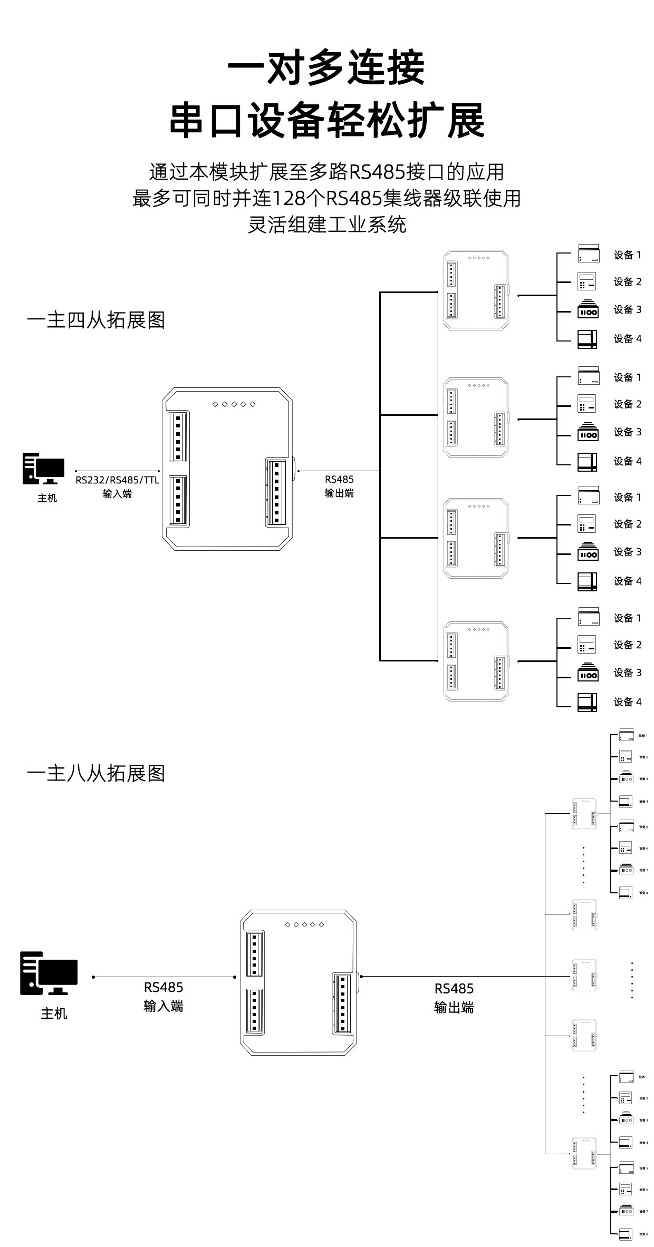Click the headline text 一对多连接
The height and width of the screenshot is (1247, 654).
pos(326,69)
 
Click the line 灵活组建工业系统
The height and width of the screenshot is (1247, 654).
pos(327,225)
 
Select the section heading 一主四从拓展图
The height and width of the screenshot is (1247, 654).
pos(96,320)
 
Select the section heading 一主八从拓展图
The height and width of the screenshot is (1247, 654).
pos(96,773)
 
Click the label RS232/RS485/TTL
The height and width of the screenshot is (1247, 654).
pos(117,480)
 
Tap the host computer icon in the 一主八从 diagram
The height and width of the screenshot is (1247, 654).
pos(49,973)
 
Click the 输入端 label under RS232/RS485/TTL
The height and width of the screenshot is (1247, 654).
pos(117,494)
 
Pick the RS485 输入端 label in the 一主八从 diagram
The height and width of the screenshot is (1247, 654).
pos(163,996)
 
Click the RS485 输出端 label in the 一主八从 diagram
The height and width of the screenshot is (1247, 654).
pos(454,998)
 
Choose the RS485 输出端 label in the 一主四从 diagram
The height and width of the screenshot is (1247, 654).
pos(339,486)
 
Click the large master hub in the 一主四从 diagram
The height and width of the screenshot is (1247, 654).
pos(227,469)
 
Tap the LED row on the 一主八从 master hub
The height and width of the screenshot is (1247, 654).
pos(304,924)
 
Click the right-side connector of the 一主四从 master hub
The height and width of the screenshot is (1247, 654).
pos(276,492)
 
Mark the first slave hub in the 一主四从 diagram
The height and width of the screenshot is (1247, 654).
pos(476,290)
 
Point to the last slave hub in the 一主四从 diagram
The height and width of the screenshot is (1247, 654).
pos(476,661)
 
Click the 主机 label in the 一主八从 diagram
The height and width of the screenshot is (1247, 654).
pos(54,1013)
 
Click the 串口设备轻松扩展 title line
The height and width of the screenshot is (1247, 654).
pos(326,122)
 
